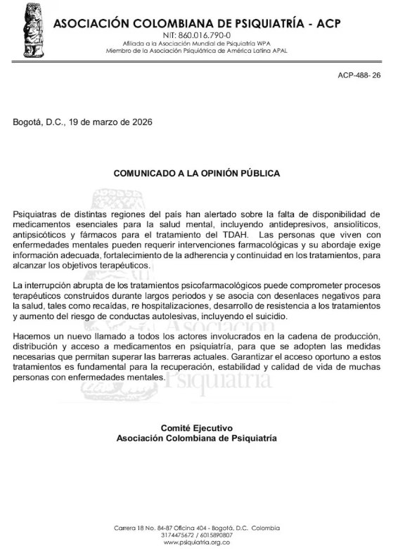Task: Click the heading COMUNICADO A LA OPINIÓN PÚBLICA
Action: click(197, 173)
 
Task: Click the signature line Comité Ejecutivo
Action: click(196, 428)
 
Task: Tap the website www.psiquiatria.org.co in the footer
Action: click(196, 542)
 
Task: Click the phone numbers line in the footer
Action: click(196, 535)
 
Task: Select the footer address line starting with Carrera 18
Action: click(196, 528)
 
